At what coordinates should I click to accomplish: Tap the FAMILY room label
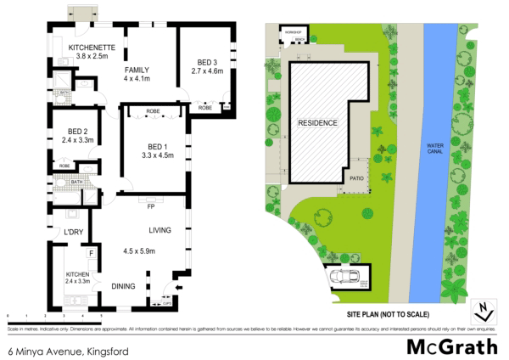point(137,70)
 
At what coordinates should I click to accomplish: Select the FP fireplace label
point(150,206)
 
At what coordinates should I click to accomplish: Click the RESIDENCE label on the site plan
point(317,124)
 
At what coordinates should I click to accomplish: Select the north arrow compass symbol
point(482,310)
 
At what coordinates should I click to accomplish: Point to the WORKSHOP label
point(294,31)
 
